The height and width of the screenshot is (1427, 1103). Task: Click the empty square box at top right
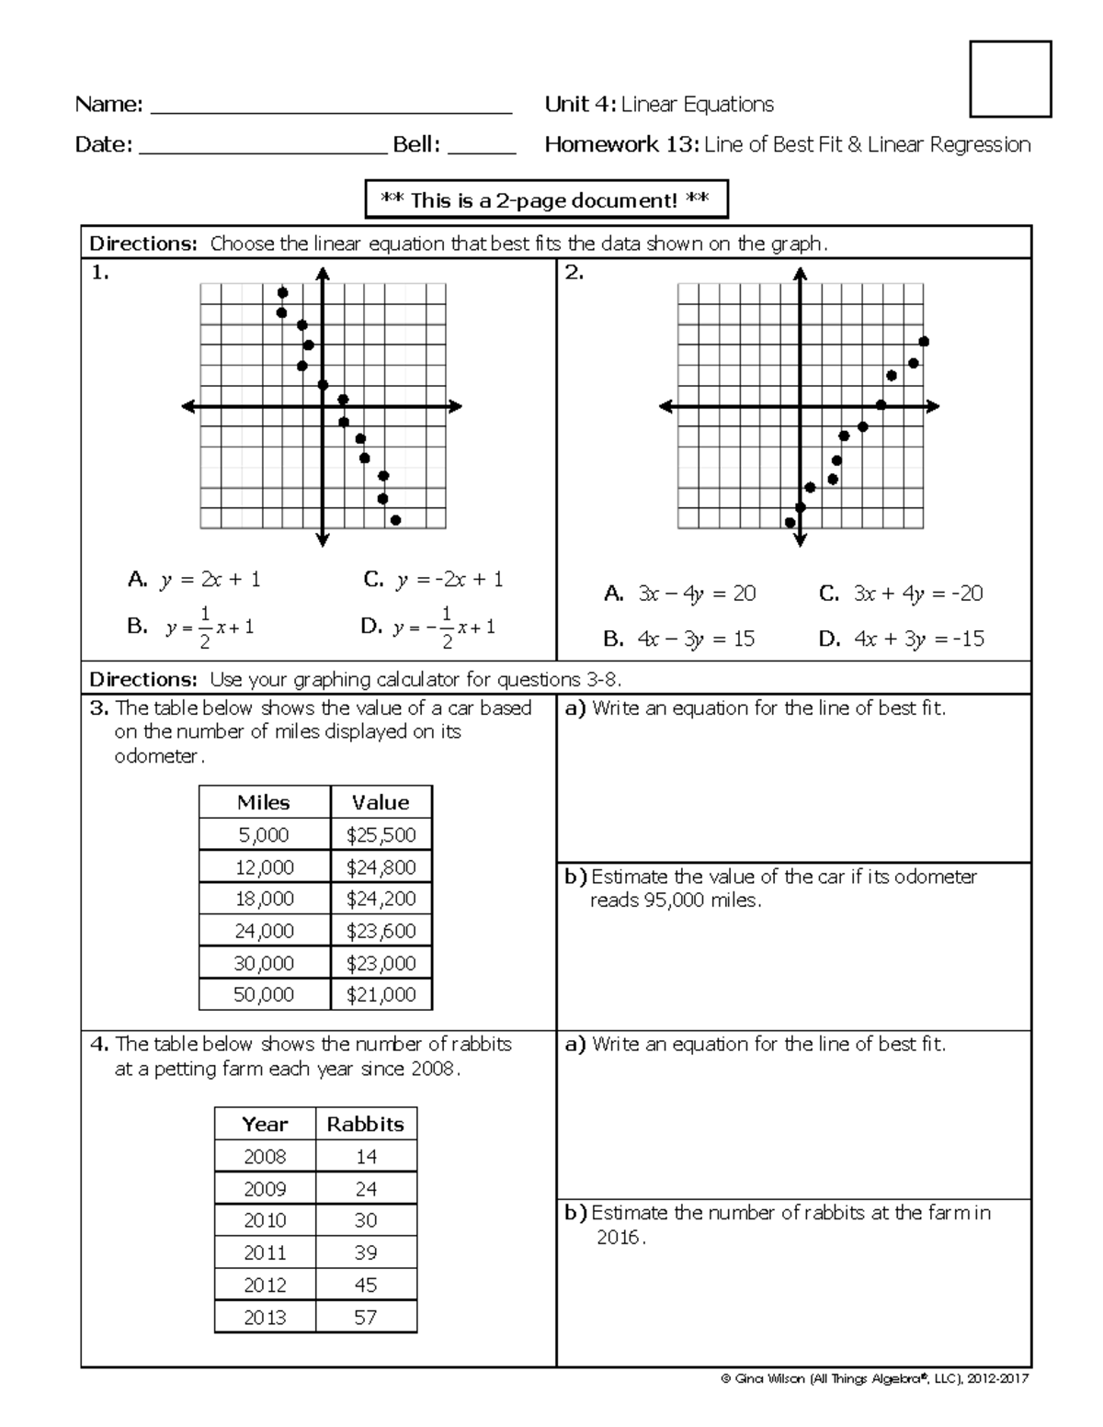1010,79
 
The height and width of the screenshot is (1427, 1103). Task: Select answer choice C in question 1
433,580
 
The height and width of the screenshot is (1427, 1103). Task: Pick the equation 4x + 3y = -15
901,639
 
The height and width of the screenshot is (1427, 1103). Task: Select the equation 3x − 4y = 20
679,594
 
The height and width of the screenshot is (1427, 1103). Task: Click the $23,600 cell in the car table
381,931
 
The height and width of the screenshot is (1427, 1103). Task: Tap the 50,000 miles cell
264,994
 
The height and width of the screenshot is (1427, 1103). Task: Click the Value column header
381,802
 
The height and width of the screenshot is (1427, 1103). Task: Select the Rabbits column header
366,1124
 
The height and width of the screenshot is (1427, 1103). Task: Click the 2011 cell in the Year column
265,1252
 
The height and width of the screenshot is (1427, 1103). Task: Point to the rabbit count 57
366,1317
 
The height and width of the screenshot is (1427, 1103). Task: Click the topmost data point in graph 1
282,293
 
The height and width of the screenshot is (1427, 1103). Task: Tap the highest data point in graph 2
924,342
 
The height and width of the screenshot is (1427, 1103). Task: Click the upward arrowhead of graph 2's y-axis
801,273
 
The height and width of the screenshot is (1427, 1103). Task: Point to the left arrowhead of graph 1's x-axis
188,406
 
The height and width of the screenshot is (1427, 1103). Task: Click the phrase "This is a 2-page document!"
546,200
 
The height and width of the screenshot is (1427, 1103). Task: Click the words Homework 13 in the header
621,144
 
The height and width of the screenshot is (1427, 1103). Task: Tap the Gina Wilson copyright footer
875,1378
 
